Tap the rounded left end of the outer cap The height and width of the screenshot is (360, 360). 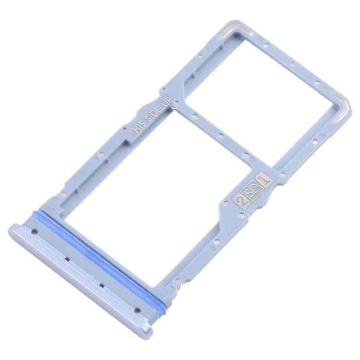(13, 230)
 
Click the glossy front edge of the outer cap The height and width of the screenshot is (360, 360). (77, 283)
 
